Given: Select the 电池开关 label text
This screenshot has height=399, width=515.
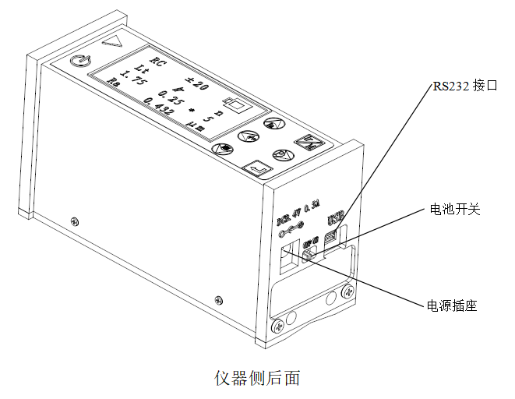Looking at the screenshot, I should (x=456, y=210).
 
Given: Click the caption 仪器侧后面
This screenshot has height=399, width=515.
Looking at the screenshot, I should (x=257, y=378).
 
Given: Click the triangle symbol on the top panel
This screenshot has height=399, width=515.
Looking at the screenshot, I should (x=117, y=41).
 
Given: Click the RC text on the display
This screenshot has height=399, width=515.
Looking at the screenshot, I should (x=159, y=62).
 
